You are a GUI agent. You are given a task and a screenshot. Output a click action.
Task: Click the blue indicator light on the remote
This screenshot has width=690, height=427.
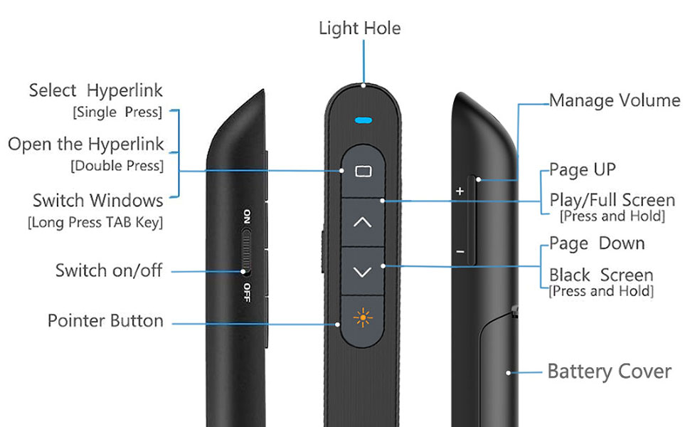(x=363, y=120)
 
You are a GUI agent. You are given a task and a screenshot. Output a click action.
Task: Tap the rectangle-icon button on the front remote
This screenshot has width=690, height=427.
(x=363, y=171)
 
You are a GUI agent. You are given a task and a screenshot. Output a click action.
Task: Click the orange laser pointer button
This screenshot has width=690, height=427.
(x=363, y=319)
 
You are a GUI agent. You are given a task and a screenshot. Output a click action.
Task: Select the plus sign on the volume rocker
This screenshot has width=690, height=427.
(x=460, y=191)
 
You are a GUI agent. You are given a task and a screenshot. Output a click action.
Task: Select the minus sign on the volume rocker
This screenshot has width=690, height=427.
(x=460, y=252)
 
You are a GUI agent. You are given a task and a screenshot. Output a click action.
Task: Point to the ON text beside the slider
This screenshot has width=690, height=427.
(x=247, y=216)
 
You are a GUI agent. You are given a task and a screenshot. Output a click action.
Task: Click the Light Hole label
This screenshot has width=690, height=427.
(x=359, y=28)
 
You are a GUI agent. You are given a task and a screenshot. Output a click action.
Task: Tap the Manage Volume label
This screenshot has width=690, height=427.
(x=615, y=100)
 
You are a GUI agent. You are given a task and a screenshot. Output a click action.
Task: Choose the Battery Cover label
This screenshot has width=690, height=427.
(x=609, y=371)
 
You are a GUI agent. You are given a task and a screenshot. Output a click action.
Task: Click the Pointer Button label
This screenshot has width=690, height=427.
(x=105, y=321)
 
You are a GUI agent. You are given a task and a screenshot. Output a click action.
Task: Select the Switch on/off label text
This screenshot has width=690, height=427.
(x=109, y=270)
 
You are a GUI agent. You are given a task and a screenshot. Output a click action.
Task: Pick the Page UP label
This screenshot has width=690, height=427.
(x=583, y=170)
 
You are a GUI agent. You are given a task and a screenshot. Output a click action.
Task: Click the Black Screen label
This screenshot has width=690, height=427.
(x=601, y=275)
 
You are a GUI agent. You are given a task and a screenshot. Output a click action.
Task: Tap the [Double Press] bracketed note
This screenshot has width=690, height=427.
(x=117, y=166)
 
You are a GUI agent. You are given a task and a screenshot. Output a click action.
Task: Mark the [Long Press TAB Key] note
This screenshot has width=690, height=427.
(x=95, y=222)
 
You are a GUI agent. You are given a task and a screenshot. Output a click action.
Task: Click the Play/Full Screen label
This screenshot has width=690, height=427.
(x=612, y=200)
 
